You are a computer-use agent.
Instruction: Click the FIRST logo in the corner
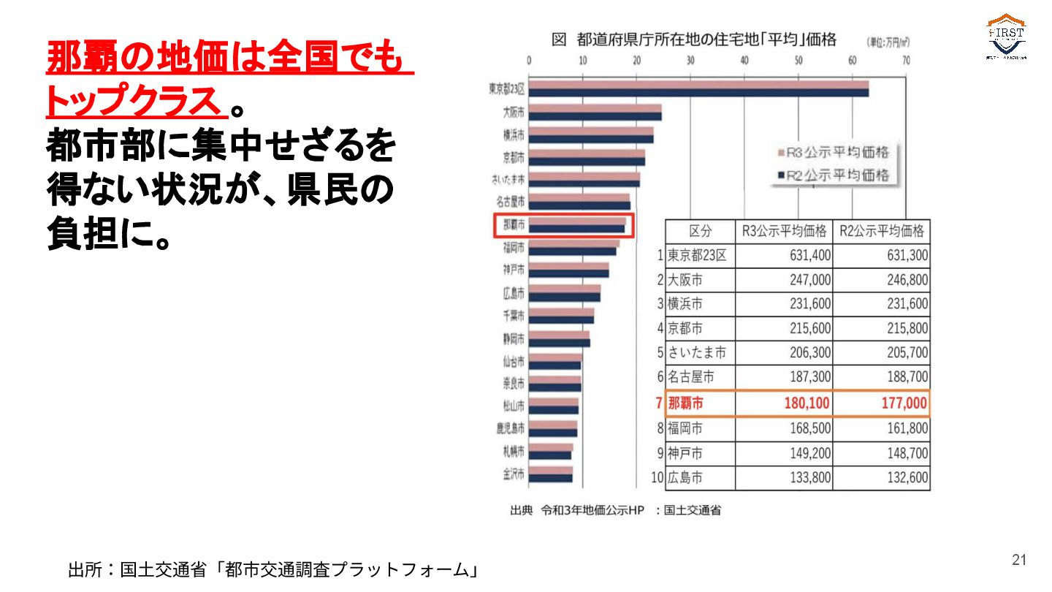(x=1007, y=37)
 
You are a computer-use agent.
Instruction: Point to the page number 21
(x=1019, y=560)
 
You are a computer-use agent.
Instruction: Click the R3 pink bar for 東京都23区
(x=698, y=85)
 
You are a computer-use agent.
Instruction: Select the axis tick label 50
(x=798, y=61)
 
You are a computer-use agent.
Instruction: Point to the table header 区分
(x=700, y=232)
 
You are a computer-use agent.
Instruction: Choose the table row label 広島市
(x=685, y=478)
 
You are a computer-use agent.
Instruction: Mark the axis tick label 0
(x=529, y=61)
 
